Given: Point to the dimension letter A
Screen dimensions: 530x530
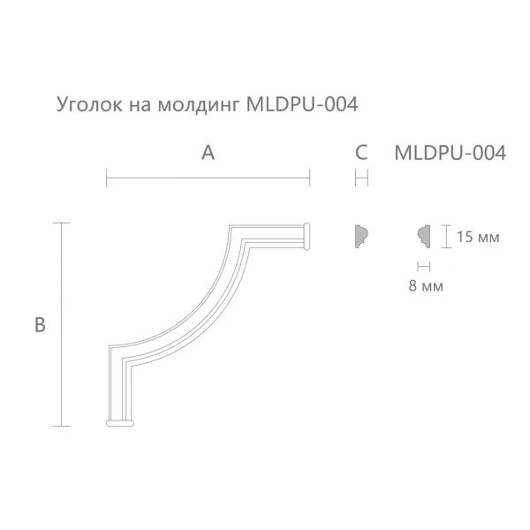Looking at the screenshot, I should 208,153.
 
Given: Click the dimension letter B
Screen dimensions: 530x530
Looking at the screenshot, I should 40,325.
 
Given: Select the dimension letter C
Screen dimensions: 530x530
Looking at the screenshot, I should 360,153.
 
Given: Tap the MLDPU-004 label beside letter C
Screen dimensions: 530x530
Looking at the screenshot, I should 449,153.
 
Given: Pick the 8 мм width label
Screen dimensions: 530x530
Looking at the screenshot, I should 427,285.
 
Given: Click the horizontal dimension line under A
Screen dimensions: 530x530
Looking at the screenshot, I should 208,179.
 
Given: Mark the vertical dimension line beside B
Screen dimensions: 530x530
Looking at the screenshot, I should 61,324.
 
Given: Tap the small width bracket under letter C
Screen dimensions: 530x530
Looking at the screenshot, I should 360,179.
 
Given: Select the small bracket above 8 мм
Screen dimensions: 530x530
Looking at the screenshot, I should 423,265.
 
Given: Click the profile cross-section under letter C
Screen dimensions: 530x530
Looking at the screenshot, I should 360,236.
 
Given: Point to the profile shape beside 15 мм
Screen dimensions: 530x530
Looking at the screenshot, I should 423,236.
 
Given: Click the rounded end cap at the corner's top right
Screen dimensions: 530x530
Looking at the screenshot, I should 308,235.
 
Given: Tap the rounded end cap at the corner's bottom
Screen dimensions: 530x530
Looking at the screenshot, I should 122,424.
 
